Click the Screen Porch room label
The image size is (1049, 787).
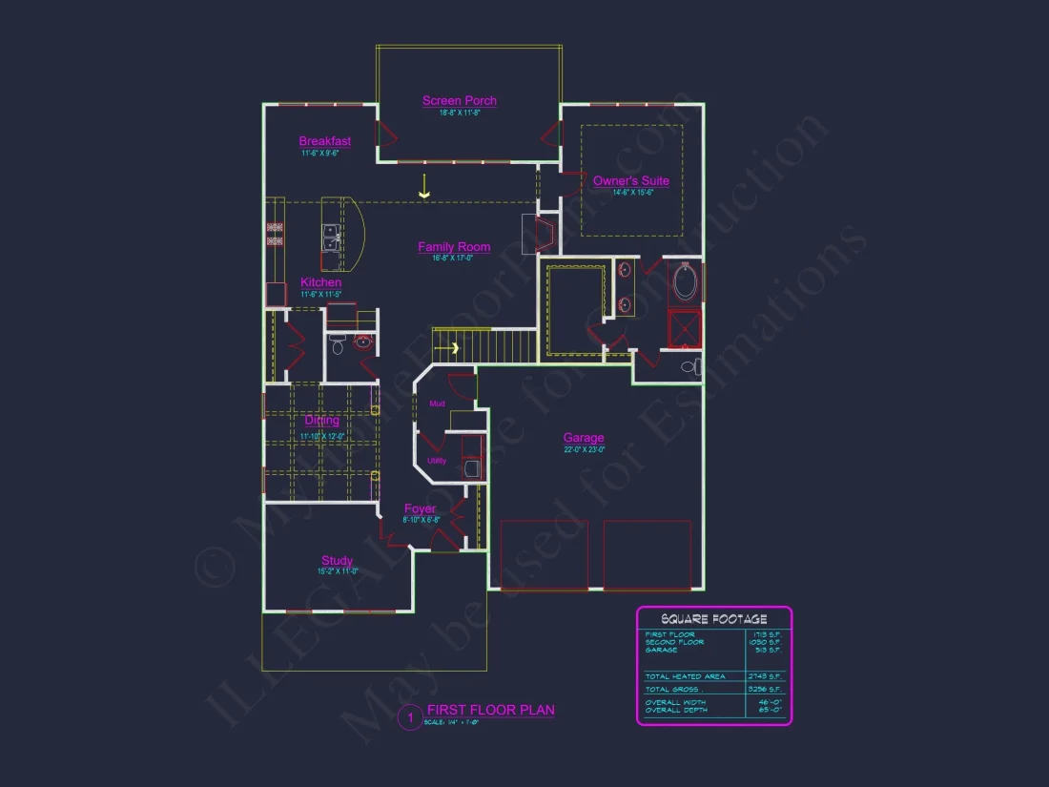(460, 101)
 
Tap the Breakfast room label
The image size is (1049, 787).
(325, 142)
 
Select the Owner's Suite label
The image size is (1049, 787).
(631, 181)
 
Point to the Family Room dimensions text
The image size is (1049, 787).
(454, 258)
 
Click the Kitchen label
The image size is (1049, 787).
(321, 283)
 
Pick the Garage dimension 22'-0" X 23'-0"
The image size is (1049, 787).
(584, 449)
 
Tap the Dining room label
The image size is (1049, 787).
(322, 421)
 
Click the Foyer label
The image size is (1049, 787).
(420, 509)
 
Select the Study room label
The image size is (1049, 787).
(337, 561)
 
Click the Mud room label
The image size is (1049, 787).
(437, 404)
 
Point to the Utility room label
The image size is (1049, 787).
(437, 461)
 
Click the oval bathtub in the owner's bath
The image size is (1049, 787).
(685, 282)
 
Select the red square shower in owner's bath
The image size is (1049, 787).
(685, 328)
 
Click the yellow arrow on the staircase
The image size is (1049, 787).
(455, 348)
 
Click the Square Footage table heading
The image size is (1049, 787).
(713, 619)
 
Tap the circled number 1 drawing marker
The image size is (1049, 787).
(409, 717)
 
